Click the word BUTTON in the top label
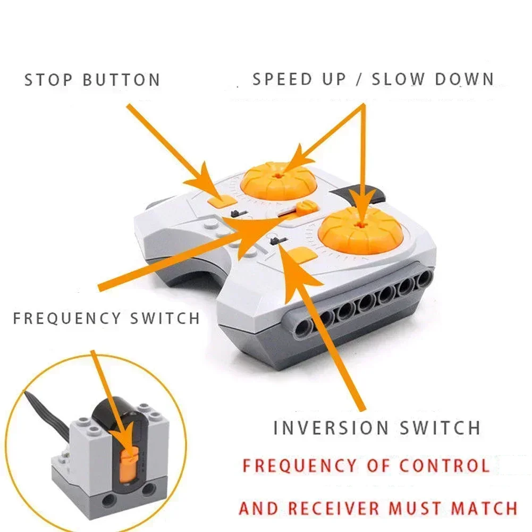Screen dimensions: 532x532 point(122,80)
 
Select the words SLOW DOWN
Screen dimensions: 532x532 point(433,79)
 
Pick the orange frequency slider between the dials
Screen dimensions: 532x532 point(304,208)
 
